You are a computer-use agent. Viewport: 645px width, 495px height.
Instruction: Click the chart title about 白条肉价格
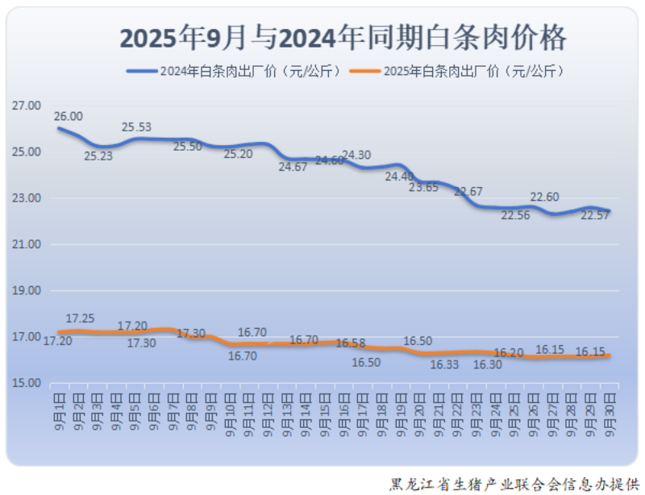tap(343, 37)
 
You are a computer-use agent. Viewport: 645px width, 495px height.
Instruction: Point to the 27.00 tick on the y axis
tap(27, 106)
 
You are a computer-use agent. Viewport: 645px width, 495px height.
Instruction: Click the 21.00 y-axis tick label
tap(27, 244)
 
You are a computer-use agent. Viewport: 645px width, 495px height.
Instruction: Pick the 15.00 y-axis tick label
tap(27, 383)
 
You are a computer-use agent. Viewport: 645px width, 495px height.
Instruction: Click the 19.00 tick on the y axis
tap(27, 290)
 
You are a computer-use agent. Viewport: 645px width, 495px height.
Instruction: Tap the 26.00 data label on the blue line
tap(68, 116)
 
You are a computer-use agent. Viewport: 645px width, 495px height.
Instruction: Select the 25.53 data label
tap(136, 127)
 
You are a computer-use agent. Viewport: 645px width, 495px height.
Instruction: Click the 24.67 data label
tap(293, 167)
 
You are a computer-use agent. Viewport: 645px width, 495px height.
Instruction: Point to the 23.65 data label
tap(424, 187)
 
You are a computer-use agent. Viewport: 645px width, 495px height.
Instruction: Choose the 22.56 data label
tap(516, 215)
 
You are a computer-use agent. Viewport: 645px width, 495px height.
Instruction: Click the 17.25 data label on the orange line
tap(80, 318)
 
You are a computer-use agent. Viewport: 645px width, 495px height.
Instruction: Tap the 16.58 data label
tap(350, 343)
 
